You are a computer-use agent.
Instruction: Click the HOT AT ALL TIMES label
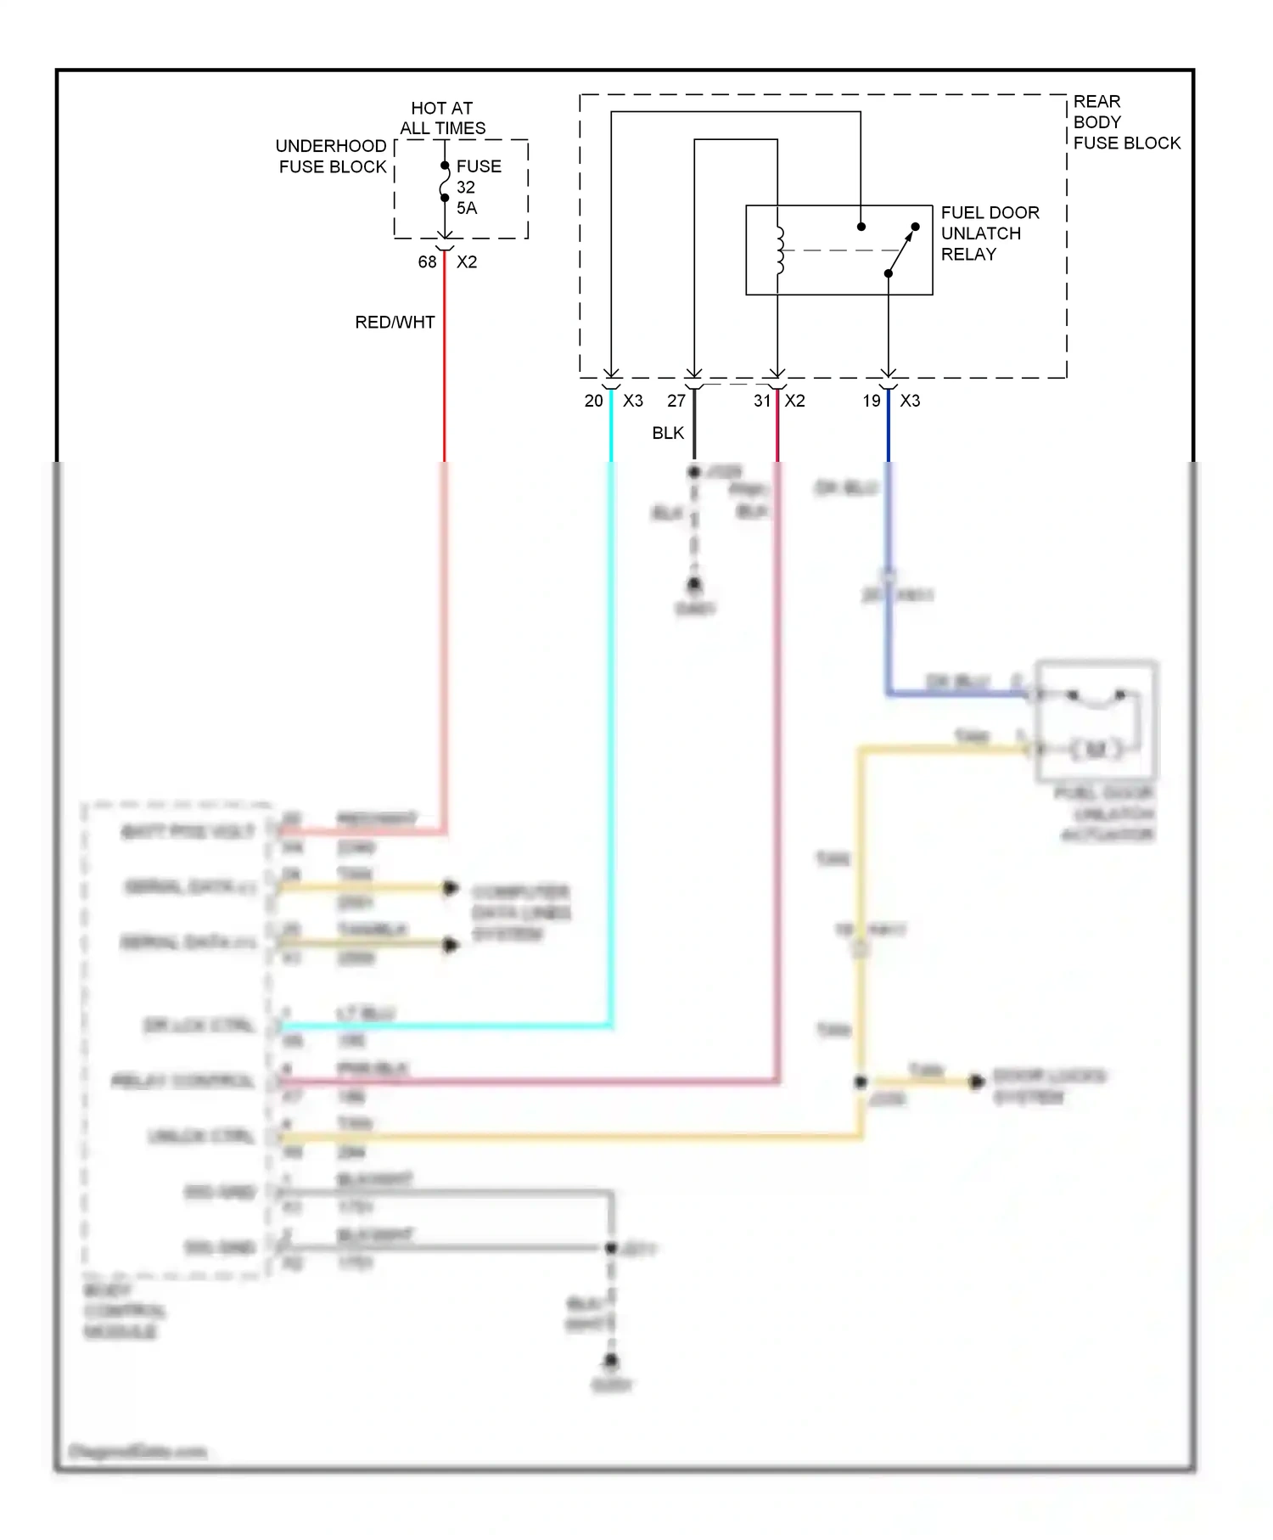(442, 118)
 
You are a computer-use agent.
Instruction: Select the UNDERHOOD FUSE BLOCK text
(332, 156)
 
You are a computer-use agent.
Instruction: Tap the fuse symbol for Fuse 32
(444, 182)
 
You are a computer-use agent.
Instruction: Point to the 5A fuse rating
(467, 208)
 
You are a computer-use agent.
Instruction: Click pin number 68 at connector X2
(427, 262)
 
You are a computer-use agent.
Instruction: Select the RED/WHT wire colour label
(395, 323)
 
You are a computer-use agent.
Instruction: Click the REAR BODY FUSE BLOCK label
(1125, 122)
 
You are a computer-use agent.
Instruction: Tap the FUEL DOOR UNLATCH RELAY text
(989, 233)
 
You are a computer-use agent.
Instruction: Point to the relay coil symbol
(779, 250)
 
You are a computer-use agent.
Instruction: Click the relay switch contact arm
(902, 250)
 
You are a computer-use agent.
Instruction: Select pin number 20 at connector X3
(593, 401)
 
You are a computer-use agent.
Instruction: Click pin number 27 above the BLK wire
(676, 401)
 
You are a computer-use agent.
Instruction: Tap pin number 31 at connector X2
(762, 401)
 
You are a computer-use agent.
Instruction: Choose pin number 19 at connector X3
(872, 401)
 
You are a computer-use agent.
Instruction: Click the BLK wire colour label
(668, 433)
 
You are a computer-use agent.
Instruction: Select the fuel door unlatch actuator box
(1096, 720)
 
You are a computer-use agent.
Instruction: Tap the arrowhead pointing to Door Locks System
(977, 1082)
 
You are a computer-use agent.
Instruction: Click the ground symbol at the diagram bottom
(611, 1362)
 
